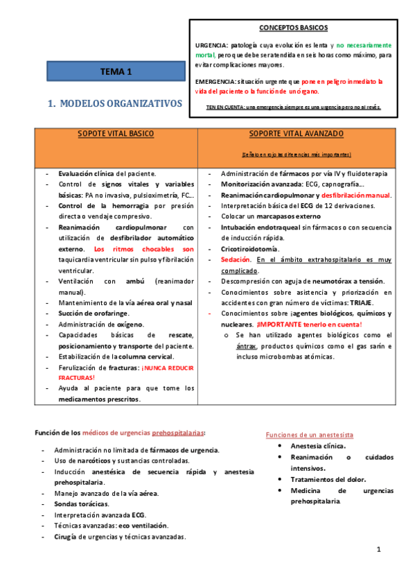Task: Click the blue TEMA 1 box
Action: coord(116,71)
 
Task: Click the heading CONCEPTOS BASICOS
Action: coord(294,28)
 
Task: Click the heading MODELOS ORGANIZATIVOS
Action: coord(114,103)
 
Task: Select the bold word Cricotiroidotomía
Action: coord(250,248)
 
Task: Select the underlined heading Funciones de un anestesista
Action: coord(310,435)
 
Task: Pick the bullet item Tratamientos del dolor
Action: coord(328,479)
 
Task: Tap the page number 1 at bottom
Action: coord(379,549)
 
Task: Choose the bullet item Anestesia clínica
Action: coord(318,446)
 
